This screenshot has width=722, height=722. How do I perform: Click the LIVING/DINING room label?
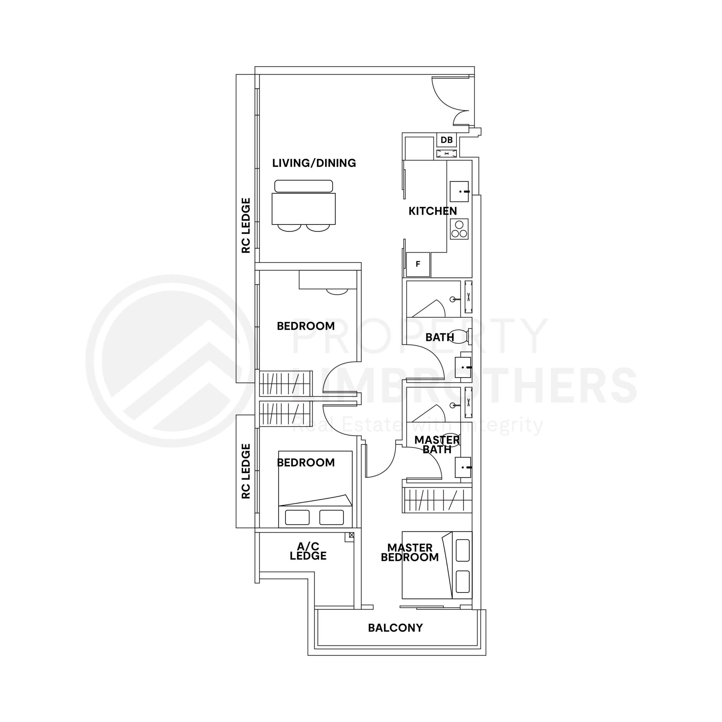click(x=314, y=163)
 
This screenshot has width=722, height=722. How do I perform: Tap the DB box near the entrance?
click(x=446, y=140)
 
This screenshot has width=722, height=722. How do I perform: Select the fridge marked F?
click(x=418, y=264)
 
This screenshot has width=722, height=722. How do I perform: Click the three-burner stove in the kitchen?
click(x=459, y=229)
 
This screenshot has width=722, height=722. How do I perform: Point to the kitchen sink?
click(x=459, y=191)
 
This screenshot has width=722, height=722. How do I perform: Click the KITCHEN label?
click(x=432, y=211)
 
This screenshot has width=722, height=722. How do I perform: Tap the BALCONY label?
click(x=395, y=628)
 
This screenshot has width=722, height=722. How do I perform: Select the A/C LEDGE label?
click(x=308, y=551)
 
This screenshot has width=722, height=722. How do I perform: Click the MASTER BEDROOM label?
click(x=410, y=552)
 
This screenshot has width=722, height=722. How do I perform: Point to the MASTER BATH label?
click(x=437, y=445)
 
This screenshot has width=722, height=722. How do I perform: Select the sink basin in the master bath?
click(x=463, y=467)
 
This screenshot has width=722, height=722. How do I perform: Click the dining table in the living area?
click(x=303, y=208)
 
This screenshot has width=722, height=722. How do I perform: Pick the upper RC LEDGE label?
click(x=246, y=225)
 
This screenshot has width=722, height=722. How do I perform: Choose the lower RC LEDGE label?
click(x=246, y=471)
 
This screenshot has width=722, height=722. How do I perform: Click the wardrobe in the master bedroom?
click(x=437, y=500)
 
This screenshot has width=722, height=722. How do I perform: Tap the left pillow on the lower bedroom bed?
click(x=297, y=517)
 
